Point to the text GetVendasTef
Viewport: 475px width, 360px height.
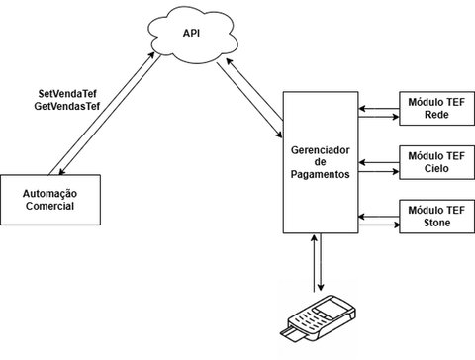pyautogui.click(x=67, y=105)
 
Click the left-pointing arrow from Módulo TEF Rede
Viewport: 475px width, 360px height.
pyautogui.click(x=376, y=103)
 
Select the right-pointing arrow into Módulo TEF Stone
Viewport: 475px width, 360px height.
pyautogui.click(x=376, y=221)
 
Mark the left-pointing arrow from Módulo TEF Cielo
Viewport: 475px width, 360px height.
pyautogui.click(x=376, y=156)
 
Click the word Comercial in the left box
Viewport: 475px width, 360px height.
pyautogui.click(x=49, y=206)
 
